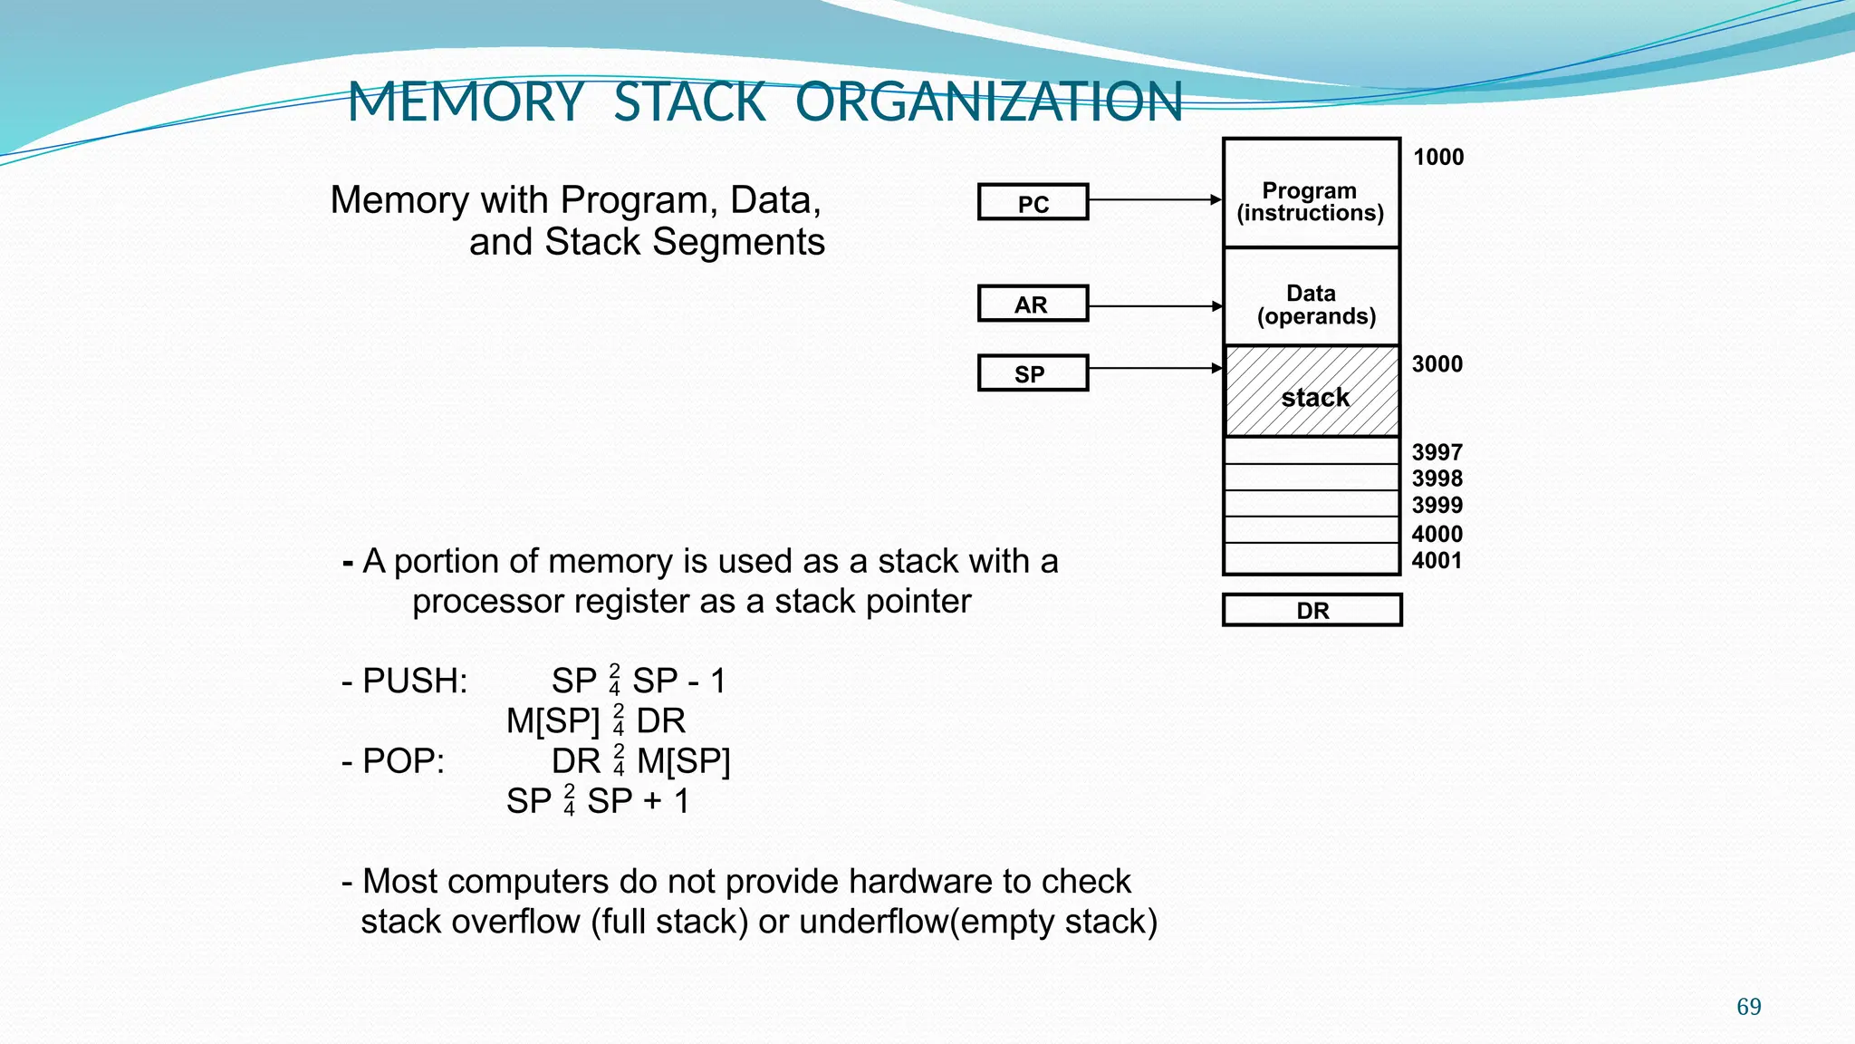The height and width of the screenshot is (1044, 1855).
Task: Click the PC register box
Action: tap(1033, 202)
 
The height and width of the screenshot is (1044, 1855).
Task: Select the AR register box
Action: tap(1033, 304)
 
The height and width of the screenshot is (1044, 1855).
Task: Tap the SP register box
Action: tap(1033, 373)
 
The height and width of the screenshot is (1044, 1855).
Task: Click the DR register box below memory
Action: tap(1312, 610)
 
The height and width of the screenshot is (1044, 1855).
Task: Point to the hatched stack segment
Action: tap(1312, 391)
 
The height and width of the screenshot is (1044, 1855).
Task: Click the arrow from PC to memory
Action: tap(1155, 199)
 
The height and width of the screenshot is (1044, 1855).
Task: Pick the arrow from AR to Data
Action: tap(1155, 306)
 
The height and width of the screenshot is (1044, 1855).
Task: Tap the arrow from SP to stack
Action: tap(1155, 368)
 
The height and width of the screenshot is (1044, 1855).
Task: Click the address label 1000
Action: tap(1438, 157)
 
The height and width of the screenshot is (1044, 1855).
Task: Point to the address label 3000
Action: tap(1437, 364)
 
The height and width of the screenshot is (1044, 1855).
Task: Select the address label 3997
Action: tap(1437, 451)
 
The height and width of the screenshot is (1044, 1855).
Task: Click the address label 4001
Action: tap(1437, 560)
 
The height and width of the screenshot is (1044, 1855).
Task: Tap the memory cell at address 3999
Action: tap(1312, 504)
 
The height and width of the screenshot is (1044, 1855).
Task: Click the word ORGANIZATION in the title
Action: tap(989, 101)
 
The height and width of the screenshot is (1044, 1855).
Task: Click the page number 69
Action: tap(1748, 1006)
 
